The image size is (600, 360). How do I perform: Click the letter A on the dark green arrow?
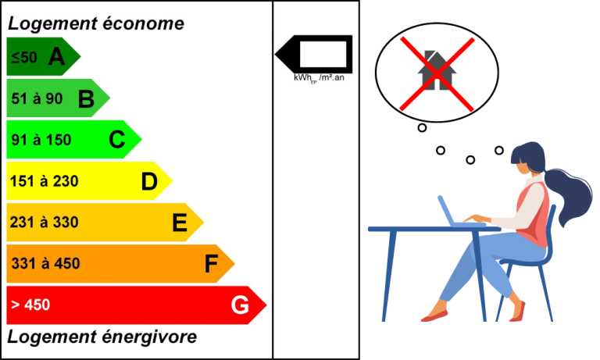(x=56, y=56)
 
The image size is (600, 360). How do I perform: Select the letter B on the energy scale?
(x=86, y=98)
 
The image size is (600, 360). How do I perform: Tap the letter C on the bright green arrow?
(x=116, y=140)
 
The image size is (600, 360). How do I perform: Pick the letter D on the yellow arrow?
(x=149, y=181)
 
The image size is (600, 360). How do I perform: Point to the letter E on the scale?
(x=180, y=223)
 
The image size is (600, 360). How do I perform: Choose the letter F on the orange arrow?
(x=211, y=264)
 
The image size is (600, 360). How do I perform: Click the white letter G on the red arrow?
(x=240, y=305)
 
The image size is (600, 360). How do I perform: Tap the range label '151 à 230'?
(x=44, y=181)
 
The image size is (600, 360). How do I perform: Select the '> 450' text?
(x=30, y=305)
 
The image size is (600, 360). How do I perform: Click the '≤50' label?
(x=24, y=57)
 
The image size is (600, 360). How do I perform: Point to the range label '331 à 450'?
(x=45, y=264)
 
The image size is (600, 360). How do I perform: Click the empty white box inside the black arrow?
(x=323, y=55)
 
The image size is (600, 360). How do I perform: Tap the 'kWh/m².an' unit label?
(x=319, y=78)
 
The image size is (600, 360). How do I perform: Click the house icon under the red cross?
(x=437, y=71)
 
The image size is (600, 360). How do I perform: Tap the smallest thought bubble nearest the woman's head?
(x=498, y=151)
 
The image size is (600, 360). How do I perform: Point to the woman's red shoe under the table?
(x=434, y=315)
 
